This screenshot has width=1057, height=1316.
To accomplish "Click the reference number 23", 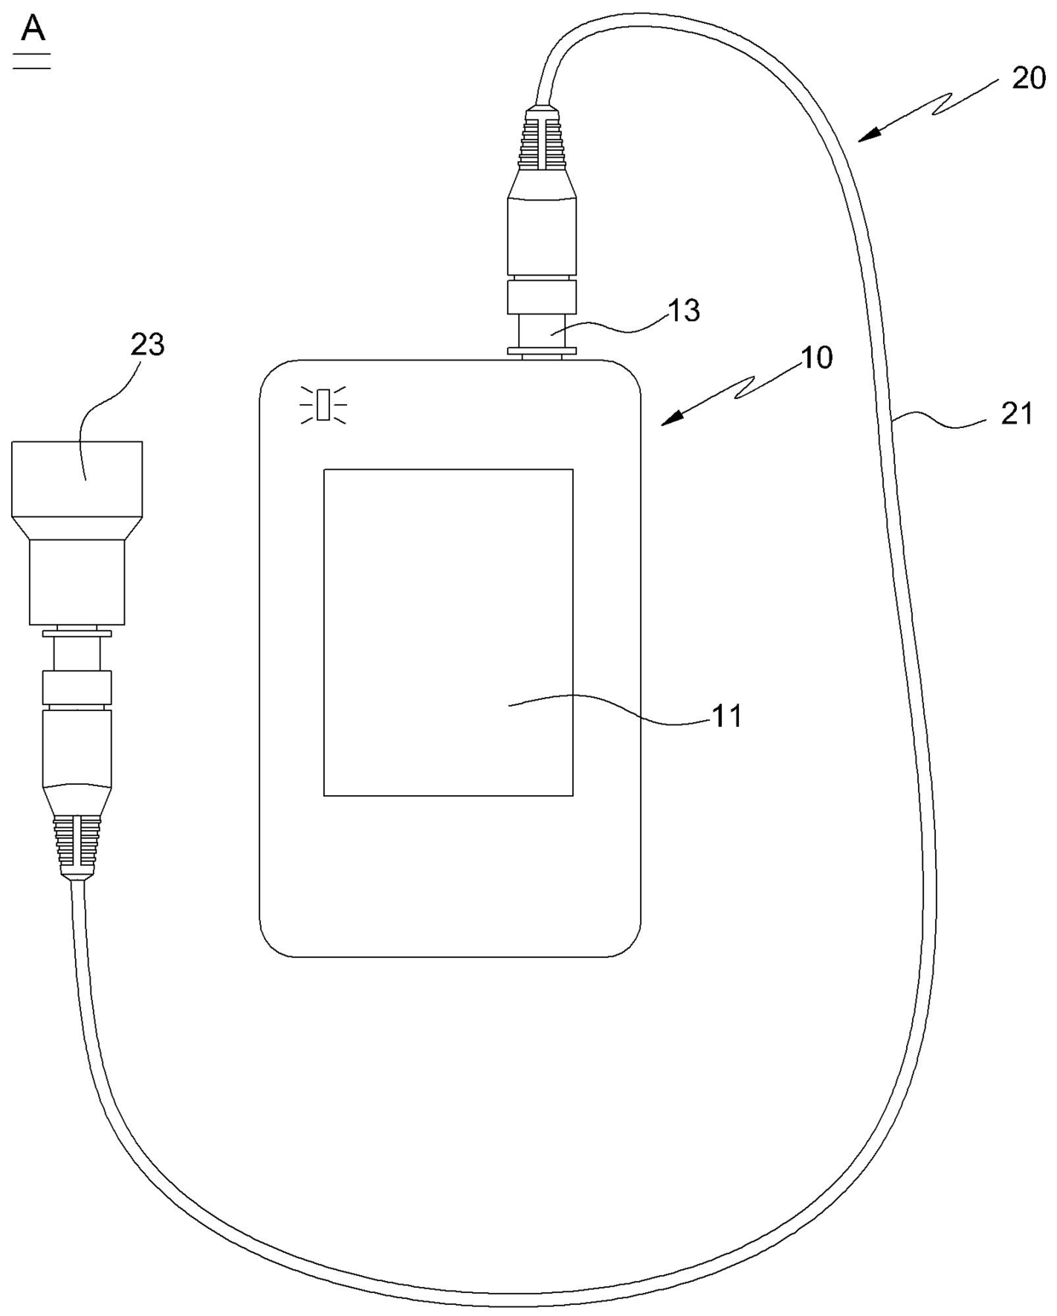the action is (147, 345).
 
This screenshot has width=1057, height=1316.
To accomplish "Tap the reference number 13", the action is (683, 310).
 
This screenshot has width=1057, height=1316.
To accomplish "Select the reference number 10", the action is (816, 358).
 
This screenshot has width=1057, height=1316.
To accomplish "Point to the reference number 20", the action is (1028, 78).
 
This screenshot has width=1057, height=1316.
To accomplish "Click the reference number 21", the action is (1016, 414).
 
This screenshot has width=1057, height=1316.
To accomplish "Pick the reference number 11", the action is (726, 716).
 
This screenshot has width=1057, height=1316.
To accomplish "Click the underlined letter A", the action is (33, 29).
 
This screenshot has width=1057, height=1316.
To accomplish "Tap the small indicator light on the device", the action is (323, 403).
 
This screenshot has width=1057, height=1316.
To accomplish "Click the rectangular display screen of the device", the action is (448, 632).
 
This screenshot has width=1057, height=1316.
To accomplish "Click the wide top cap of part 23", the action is (77, 477).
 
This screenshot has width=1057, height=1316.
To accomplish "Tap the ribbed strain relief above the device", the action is (542, 137).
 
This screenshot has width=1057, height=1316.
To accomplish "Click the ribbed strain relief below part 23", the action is (77, 844).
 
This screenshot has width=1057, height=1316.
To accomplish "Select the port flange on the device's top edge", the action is (542, 349).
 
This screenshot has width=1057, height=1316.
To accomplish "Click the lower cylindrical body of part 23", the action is (77, 581).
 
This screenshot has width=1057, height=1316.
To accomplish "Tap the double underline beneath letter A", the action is (32, 61).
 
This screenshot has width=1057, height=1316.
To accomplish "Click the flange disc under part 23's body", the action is (77, 632).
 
